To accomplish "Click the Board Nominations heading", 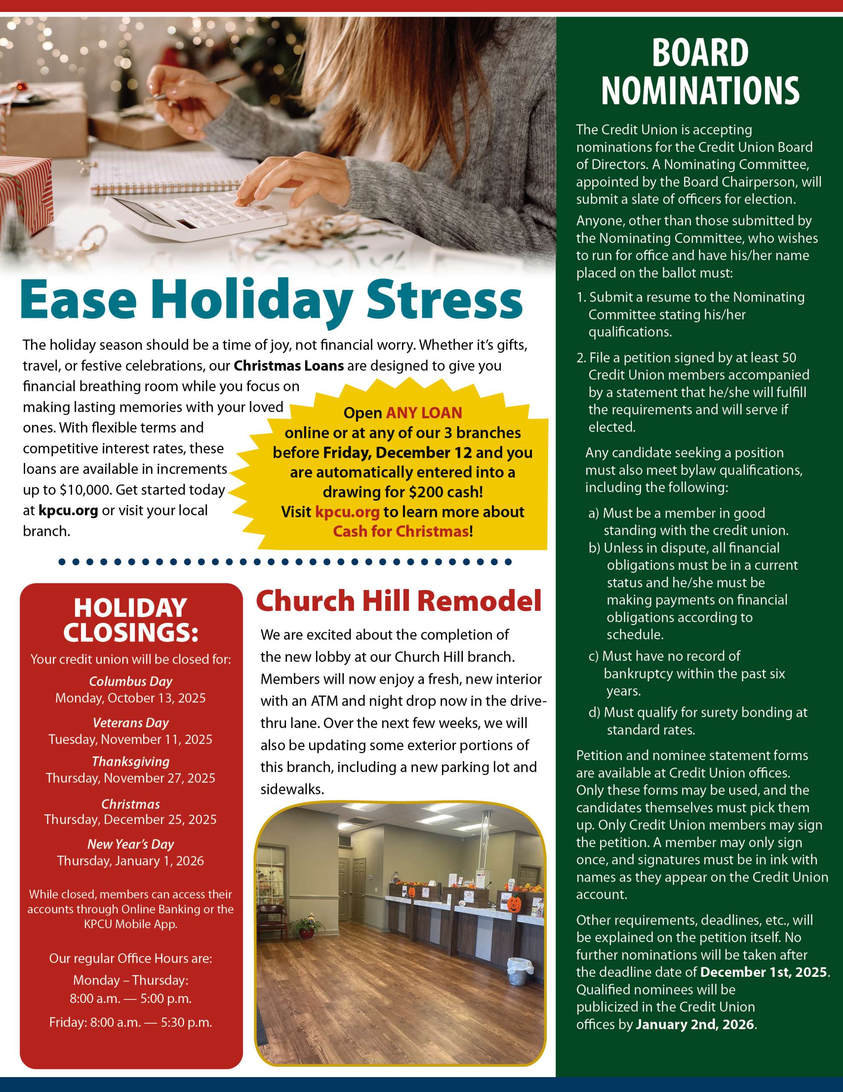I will point(700,72).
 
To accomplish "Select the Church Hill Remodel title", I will point(398,601).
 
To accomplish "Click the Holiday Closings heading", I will point(130,620).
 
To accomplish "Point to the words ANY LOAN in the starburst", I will point(424,412).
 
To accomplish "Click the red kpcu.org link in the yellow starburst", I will point(347,511).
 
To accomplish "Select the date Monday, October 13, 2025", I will point(130,698).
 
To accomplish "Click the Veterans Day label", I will point(130,723).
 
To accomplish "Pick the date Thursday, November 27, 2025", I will point(130,778).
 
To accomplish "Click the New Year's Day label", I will point(130,845).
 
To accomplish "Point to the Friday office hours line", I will point(130,1022).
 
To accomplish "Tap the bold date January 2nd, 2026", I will point(695,1024).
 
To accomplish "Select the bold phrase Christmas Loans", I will point(289,366).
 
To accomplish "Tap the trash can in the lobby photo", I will point(518,971).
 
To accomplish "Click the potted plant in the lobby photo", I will point(306,926).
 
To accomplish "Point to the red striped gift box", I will point(25,190).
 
